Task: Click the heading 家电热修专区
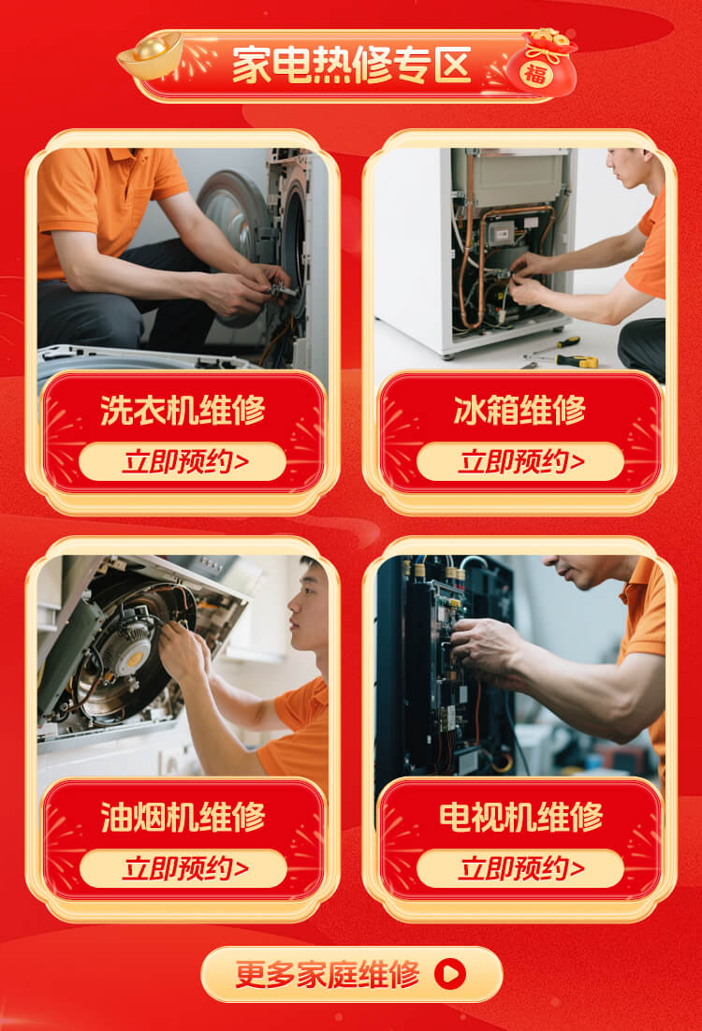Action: click(x=351, y=65)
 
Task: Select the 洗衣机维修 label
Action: click(x=183, y=410)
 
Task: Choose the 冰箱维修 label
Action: click(x=519, y=410)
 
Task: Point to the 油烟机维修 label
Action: click(x=183, y=818)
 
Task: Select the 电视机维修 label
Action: click(x=520, y=818)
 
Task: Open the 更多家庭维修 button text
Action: click(x=327, y=975)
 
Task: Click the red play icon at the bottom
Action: click(x=450, y=974)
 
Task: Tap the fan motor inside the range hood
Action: click(x=129, y=646)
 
